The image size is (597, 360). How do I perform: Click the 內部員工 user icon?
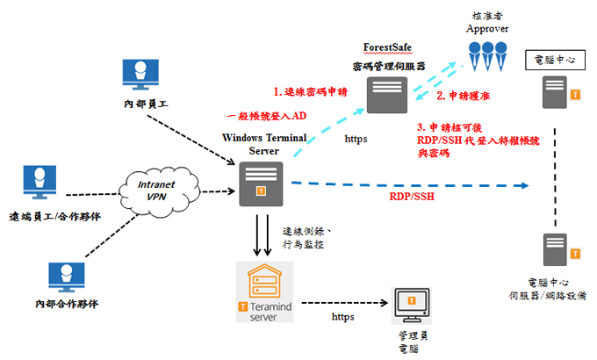[140, 74]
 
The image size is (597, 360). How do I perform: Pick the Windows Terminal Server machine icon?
[260, 184]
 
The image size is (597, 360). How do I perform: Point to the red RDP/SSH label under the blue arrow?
[412, 198]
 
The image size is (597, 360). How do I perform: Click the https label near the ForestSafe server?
[356, 138]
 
